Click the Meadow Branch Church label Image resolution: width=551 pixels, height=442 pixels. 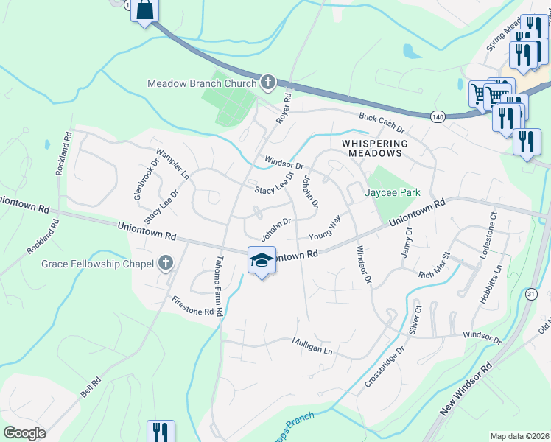click(201, 83)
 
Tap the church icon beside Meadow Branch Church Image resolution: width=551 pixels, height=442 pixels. click(267, 83)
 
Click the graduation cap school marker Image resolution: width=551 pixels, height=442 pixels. click(262, 262)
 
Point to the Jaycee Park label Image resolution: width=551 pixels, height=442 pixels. click(393, 192)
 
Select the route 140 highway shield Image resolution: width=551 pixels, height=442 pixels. click(438, 116)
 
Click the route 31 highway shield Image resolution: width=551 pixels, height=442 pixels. click(531, 293)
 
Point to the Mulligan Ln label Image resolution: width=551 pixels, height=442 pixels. click(312, 347)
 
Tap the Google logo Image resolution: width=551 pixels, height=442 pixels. click(24, 433)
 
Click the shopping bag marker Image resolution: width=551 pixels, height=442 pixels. click(144, 11)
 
